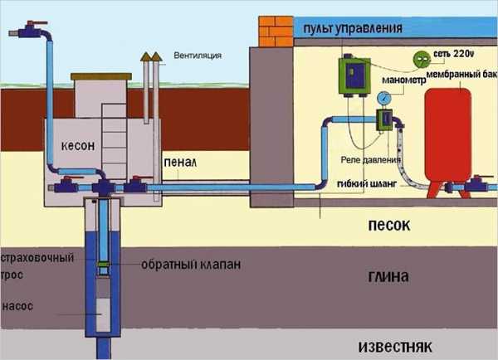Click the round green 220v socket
pyautogui.click(x=422, y=57)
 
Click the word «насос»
pyautogui.click(x=17, y=306)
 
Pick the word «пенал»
pyautogui.click(x=180, y=163)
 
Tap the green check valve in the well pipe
pyautogui.click(x=103, y=265)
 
